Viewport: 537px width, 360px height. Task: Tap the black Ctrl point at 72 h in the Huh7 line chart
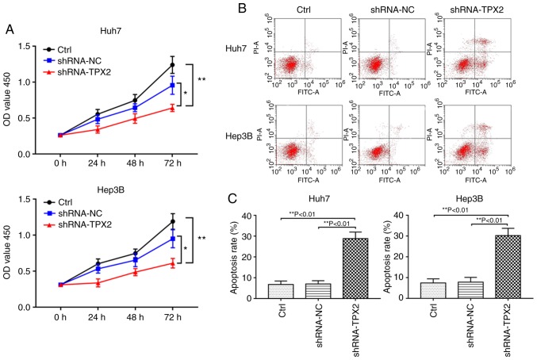pyautogui.click(x=172, y=64)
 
